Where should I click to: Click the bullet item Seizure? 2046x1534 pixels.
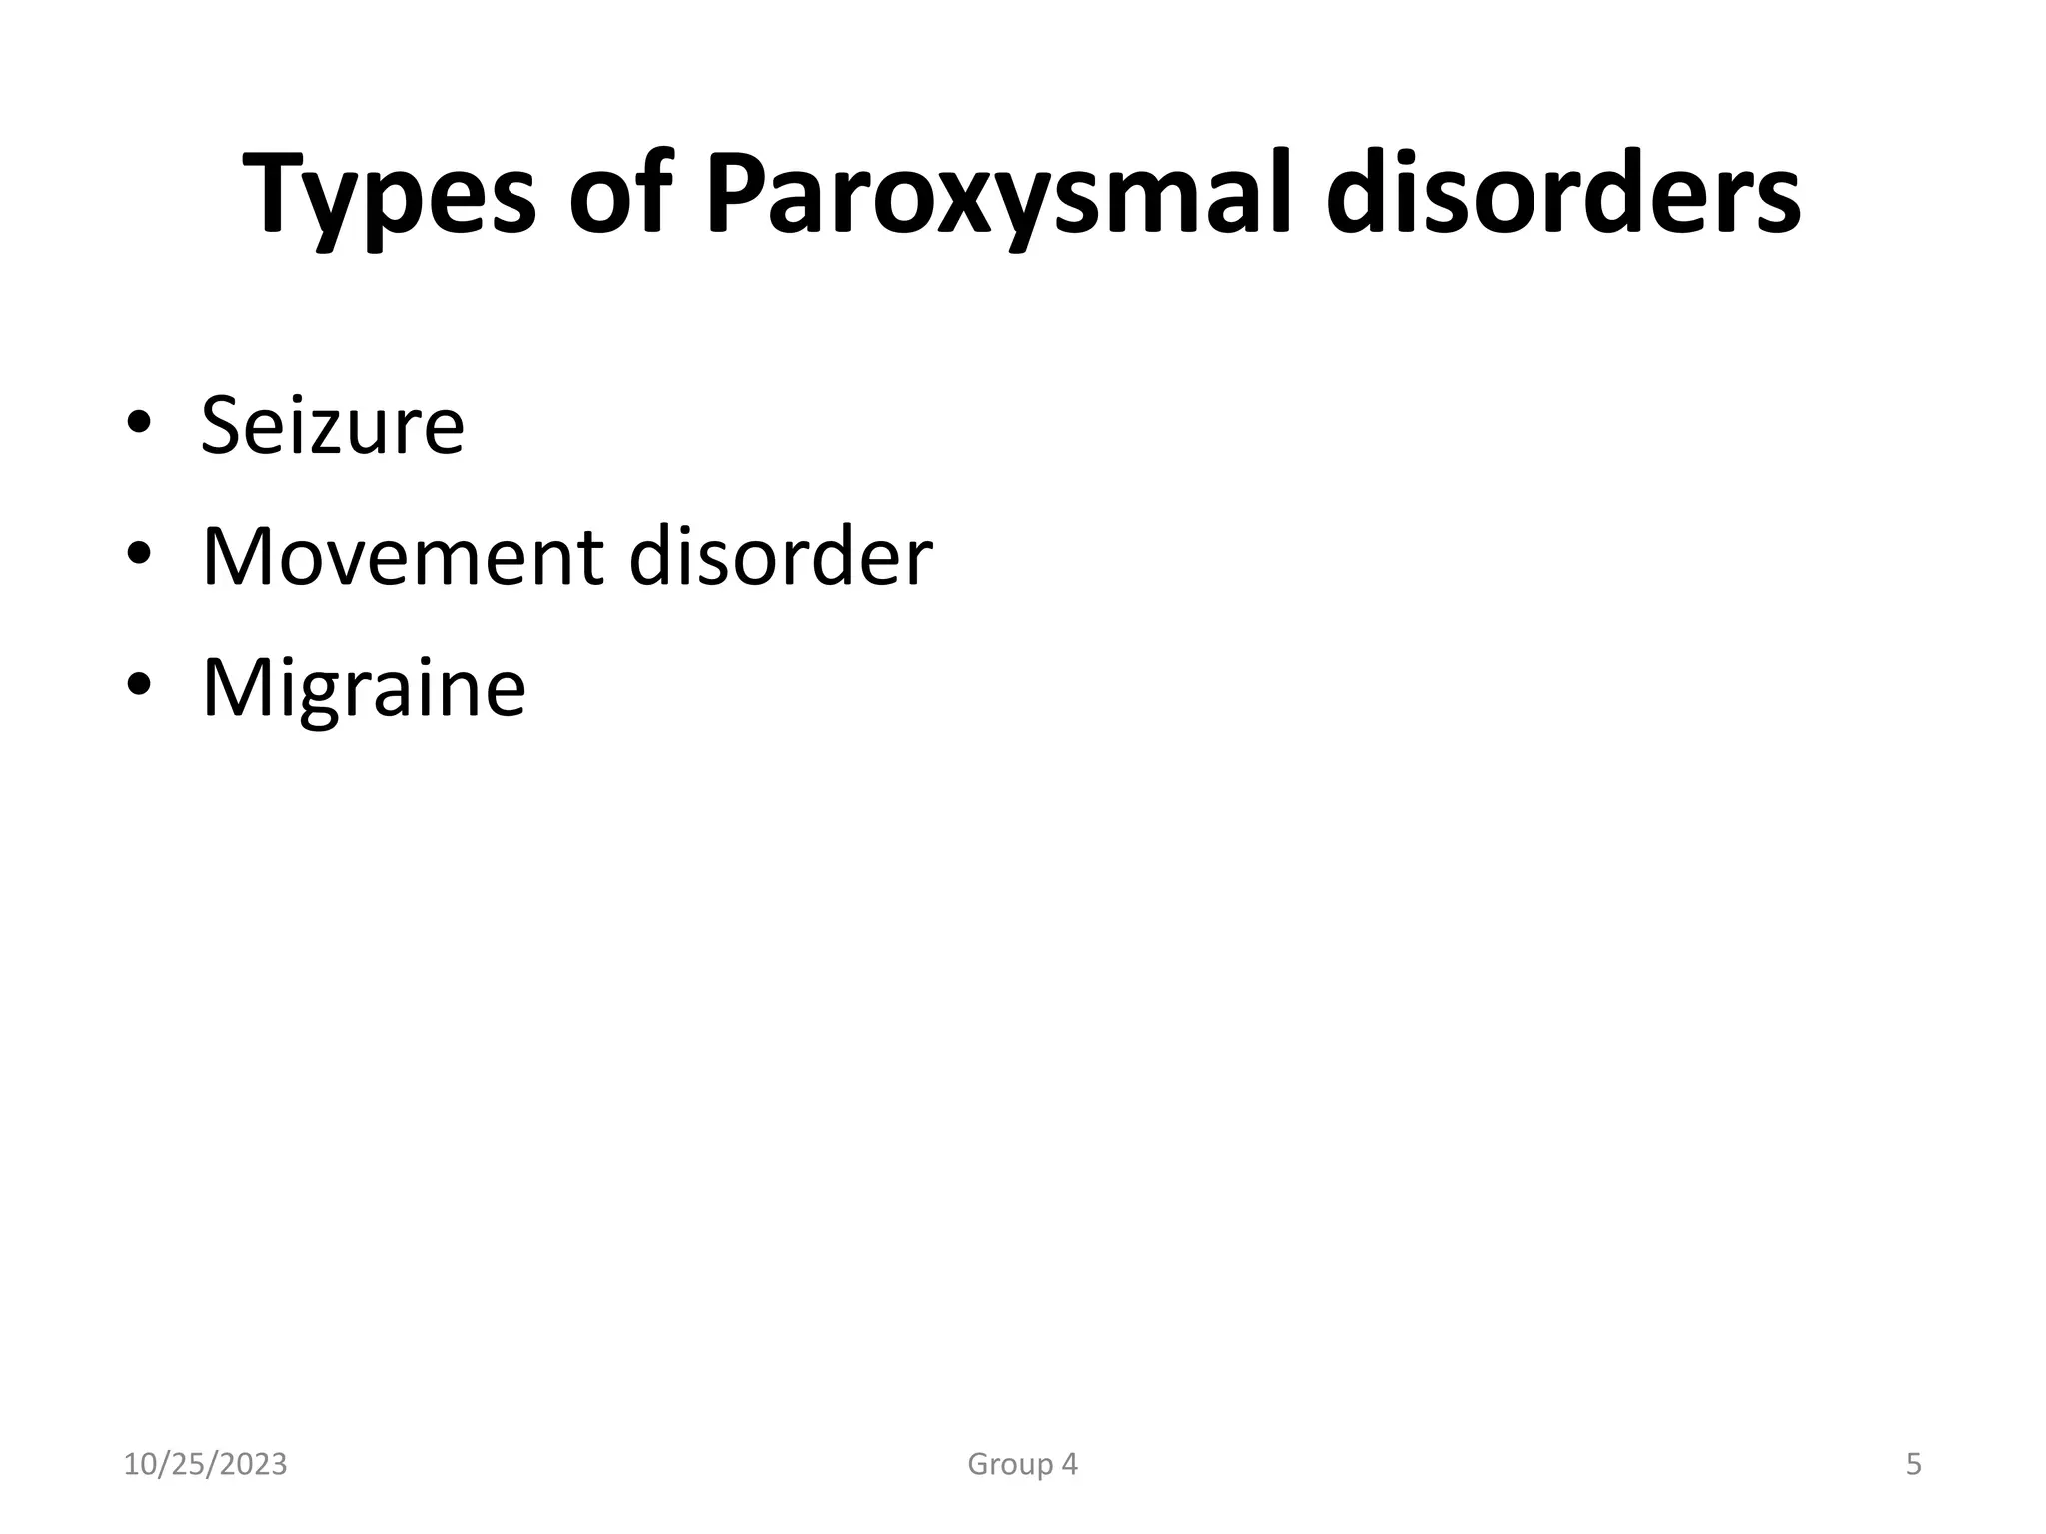tap(333, 426)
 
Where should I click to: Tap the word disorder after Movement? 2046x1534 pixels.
tap(780, 556)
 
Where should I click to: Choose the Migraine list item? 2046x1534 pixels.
tap(364, 689)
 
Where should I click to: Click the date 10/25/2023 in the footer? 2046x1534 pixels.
tap(205, 1465)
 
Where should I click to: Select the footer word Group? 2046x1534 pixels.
tap(1009, 1465)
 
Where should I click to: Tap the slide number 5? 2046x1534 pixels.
tap(1913, 1465)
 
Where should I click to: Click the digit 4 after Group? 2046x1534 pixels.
tap(1069, 1465)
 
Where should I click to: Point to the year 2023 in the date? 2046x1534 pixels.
tap(254, 1465)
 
